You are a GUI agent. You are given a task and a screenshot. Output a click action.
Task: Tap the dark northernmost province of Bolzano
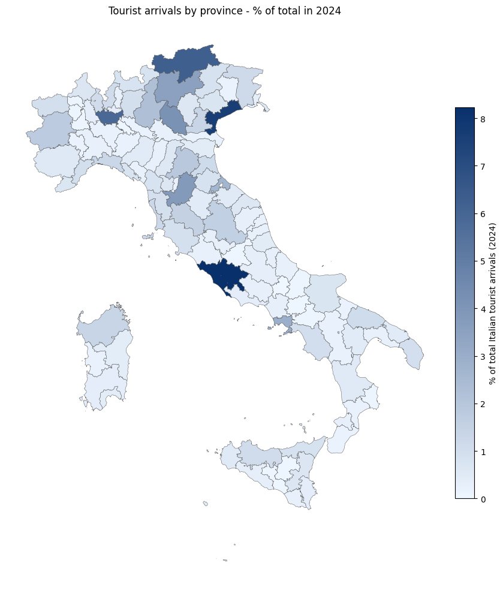(186, 60)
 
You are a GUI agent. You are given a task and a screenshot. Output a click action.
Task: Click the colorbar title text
(492, 303)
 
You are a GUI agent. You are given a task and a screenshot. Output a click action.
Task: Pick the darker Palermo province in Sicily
(258, 454)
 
